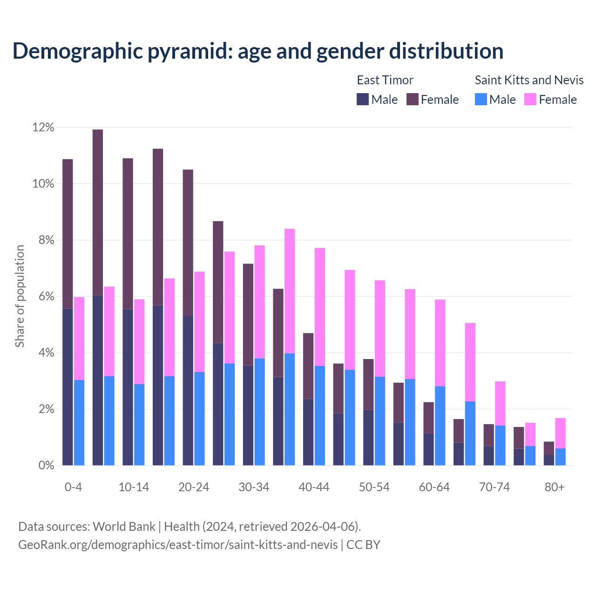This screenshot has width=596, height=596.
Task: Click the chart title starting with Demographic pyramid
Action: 257,51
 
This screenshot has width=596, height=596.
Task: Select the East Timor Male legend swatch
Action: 363,99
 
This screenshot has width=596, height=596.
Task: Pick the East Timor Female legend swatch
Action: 413,99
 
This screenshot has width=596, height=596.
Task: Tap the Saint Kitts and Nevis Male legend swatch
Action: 481,99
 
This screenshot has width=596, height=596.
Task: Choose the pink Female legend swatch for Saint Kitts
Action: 530,99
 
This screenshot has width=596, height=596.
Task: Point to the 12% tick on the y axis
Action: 43,127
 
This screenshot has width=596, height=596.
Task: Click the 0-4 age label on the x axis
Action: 74,488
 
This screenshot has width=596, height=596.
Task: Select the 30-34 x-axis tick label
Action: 254,488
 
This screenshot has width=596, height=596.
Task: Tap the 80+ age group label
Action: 555,488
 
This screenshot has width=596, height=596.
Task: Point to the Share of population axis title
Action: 20,296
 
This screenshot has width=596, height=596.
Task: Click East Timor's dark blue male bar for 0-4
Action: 68,386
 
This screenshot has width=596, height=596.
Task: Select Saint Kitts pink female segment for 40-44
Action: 320,307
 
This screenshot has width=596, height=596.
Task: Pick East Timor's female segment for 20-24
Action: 188,243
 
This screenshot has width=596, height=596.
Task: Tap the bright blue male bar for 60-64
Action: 440,426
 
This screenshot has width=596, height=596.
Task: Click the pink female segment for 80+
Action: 560,433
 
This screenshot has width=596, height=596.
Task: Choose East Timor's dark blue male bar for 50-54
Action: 368,437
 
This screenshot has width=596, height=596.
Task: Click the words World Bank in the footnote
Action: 124,527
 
